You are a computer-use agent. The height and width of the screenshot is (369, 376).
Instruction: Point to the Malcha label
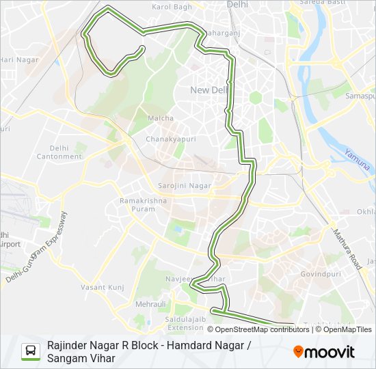[161, 118]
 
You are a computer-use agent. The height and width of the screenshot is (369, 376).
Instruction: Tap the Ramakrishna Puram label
[144, 206]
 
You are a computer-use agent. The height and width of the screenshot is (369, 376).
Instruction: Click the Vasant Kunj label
[103, 288]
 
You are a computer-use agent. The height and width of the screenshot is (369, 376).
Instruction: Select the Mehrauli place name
[150, 303]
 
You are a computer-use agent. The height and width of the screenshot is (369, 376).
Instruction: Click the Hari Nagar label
[18, 60]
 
